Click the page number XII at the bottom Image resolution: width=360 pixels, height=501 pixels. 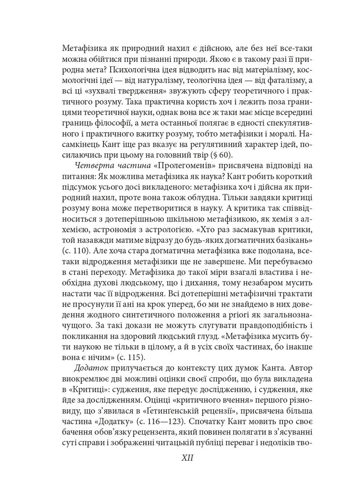[x=187, y=458]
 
